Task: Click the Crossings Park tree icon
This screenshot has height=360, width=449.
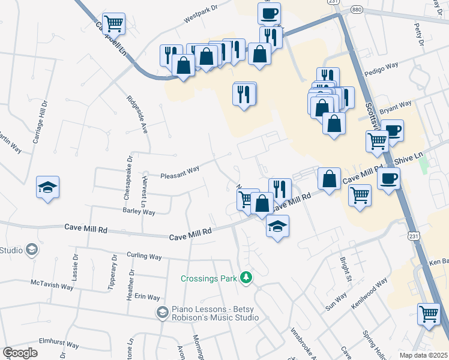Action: (246, 278)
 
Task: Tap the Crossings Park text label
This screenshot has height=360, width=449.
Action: (209, 278)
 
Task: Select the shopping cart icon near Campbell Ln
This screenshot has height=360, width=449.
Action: (113, 24)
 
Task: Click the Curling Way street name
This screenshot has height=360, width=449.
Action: (144, 256)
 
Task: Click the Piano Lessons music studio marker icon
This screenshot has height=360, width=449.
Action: (161, 312)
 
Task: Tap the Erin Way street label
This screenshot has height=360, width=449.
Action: (147, 298)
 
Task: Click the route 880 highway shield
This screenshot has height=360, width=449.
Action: (357, 10)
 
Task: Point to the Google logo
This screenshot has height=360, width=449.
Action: (20, 353)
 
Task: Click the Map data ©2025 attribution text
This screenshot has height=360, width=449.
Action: (423, 355)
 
